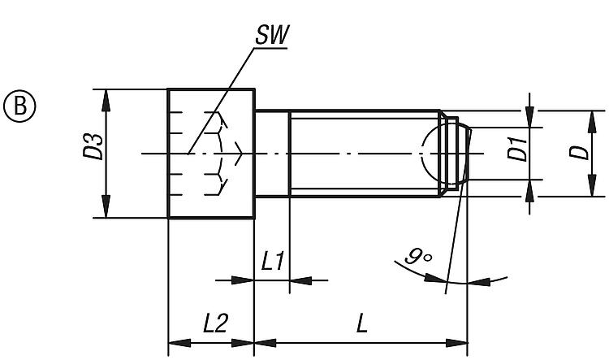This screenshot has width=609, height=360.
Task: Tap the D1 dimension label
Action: tap(517, 150)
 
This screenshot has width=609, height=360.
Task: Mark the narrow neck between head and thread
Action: tap(272, 153)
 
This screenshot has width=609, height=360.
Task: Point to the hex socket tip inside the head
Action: tap(241, 152)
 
